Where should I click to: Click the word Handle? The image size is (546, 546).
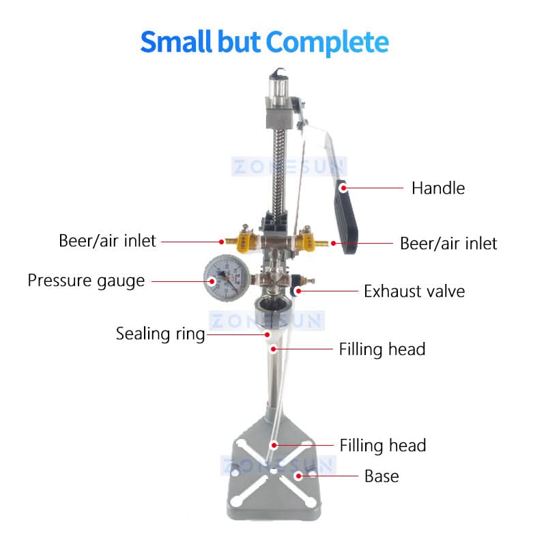click(438, 188)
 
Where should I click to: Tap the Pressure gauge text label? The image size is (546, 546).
click(86, 281)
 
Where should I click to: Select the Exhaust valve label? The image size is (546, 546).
click(414, 291)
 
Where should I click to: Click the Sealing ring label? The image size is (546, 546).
click(160, 334)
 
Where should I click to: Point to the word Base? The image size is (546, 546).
click(382, 476)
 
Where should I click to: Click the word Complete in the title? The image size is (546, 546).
click(328, 42)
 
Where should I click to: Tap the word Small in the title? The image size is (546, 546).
click(176, 42)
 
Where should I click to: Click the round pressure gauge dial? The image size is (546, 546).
click(227, 278)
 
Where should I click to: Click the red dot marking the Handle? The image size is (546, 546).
click(343, 188)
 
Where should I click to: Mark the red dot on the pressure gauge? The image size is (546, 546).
click(212, 281)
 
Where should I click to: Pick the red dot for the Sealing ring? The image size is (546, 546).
click(267, 334)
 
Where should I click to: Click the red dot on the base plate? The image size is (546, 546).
click(298, 476)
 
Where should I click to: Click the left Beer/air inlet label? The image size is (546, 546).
click(107, 241)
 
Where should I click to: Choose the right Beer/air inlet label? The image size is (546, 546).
click(448, 244)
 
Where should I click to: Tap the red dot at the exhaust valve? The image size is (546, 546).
click(298, 291)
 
